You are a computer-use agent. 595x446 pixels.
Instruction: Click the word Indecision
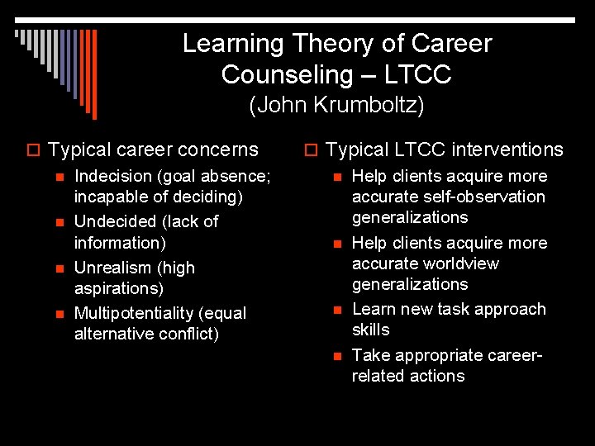point(114,176)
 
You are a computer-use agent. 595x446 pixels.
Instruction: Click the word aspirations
point(119,289)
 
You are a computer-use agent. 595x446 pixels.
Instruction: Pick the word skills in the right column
point(370,330)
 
